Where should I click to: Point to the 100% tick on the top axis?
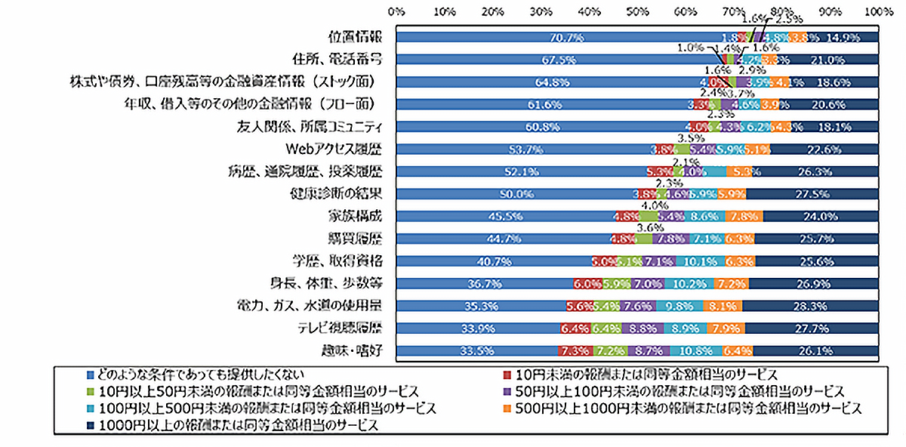coord(877,11)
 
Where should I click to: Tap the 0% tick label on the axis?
coord(396,11)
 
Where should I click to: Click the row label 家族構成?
coord(356,215)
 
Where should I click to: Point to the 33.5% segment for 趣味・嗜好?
coord(476,350)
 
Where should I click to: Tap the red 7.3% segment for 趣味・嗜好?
coord(575,350)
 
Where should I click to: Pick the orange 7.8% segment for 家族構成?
coord(744,216)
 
